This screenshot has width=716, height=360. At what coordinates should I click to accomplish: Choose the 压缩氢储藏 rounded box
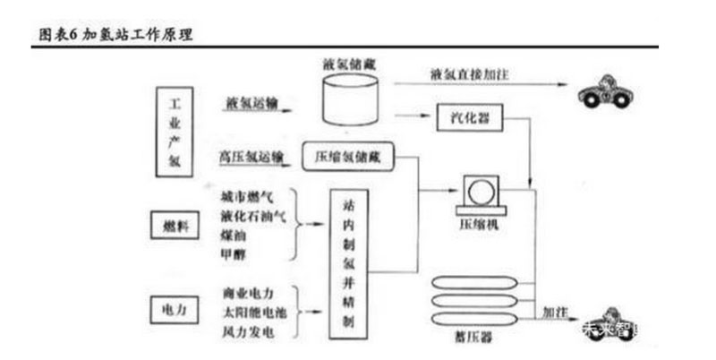[348, 154]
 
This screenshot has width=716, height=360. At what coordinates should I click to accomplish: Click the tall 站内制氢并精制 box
[349, 264]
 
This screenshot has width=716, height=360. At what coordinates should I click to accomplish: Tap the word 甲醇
[234, 255]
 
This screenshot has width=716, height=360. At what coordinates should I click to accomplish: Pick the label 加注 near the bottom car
[557, 313]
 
